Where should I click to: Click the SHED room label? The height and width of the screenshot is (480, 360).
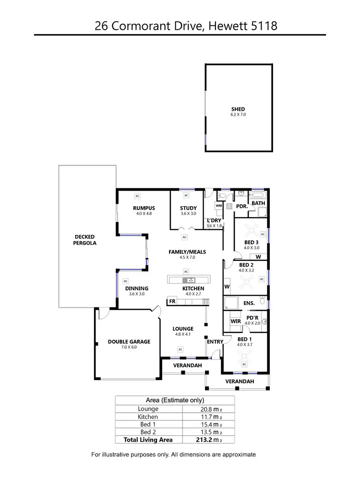(x=238, y=110)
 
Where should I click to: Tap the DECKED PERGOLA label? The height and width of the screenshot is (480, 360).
(x=85, y=240)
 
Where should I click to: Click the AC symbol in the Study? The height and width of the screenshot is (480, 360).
(x=186, y=196)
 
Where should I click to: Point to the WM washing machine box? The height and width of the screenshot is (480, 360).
(x=218, y=206)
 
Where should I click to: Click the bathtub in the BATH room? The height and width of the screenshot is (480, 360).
(x=258, y=195)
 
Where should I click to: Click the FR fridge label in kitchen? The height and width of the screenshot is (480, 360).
(x=172, y=302)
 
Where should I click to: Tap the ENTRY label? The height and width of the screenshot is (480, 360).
(x=215, y=342)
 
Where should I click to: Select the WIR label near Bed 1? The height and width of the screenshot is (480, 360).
(x=235, y=320)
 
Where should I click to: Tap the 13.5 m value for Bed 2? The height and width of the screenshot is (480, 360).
(x=208, y=432)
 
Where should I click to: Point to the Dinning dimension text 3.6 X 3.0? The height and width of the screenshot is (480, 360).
(x=136, y=294)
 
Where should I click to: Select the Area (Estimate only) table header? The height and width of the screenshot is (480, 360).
(x=175, y=400)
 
